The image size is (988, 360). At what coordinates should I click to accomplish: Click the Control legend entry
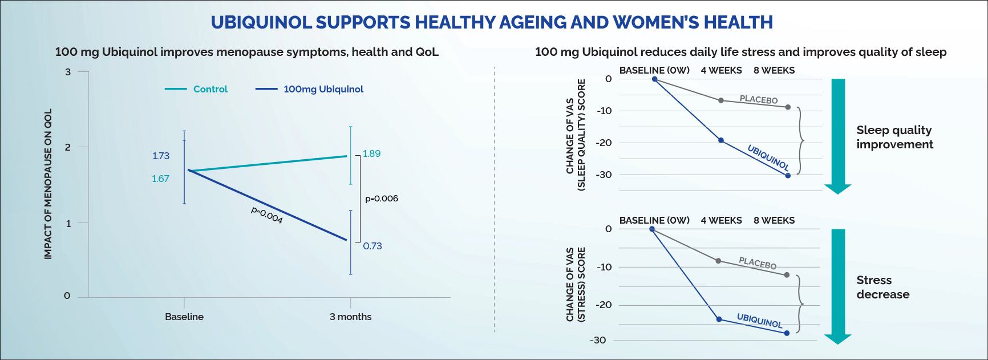click(210, 89)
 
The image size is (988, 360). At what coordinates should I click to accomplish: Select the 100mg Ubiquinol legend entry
click(323, 89)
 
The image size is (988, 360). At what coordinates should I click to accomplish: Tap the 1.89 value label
click(371, 153)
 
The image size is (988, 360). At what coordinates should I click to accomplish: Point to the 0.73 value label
click(372, 246)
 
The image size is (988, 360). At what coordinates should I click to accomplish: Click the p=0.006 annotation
click(382, 199)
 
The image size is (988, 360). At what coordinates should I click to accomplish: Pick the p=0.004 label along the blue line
click(267, 215)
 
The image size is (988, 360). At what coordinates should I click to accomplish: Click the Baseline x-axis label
click(184, 317)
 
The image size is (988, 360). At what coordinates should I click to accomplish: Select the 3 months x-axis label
click(350, 317)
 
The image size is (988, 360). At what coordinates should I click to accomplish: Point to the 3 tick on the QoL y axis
click(68, 72)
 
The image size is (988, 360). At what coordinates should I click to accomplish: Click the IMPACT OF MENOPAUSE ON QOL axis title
click(48, 184)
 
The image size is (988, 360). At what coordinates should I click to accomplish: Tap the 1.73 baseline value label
click(161, 156)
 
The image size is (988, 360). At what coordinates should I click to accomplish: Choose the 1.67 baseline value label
click(160, 179)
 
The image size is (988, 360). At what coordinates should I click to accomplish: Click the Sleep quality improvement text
click(894, 137)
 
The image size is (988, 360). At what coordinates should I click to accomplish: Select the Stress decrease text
click(882, 287)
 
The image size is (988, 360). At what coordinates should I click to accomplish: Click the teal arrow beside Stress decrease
click(838, 285)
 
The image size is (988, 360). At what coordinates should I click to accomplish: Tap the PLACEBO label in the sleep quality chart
click(759, 100)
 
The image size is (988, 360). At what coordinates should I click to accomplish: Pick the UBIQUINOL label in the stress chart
click(759, 320)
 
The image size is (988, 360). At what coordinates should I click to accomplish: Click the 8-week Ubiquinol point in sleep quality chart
click(788, 176)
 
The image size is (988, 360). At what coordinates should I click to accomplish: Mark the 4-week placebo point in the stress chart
click(718, 261)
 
